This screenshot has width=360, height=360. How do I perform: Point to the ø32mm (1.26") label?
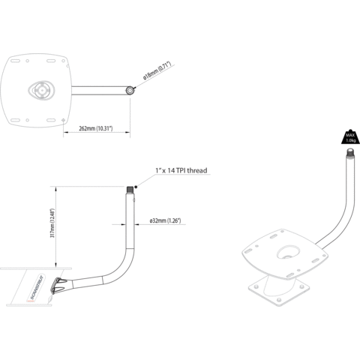point(165,221)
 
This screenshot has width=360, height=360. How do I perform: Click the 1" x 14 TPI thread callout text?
point(182,172)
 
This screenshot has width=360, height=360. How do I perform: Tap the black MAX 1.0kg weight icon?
point(349,138)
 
